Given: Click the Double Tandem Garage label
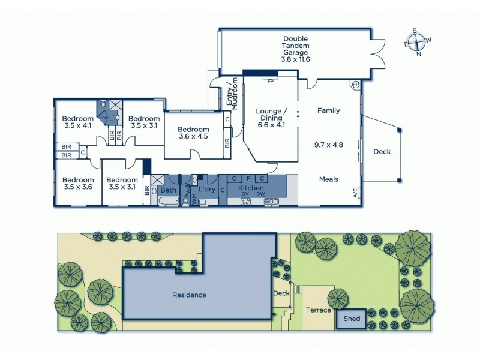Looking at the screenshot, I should [x=295, y=49].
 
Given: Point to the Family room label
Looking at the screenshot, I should [x=328, y=110].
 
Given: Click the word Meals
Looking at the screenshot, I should [x=328, y=179].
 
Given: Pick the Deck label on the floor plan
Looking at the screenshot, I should [x=382, y=152].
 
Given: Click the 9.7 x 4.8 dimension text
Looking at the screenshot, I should [x=328, y=145].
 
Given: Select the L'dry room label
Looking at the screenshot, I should [x=206, y=190].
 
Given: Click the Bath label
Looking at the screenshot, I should [x=168, y=190].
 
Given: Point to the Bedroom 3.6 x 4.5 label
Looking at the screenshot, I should [x=193, y=133].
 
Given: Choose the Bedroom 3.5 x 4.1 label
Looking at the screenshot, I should [x=79, y=122].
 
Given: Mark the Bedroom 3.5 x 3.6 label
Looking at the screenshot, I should [x=78, y=183].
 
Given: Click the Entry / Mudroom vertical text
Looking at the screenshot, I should [x=232, y=94].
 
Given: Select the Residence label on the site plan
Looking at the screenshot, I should [x=190, y=295].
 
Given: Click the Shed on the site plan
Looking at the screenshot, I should [x=352, y=319].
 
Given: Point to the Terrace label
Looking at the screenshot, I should [x=318, y=310].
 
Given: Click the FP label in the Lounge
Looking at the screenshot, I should [x=270, y=80].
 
